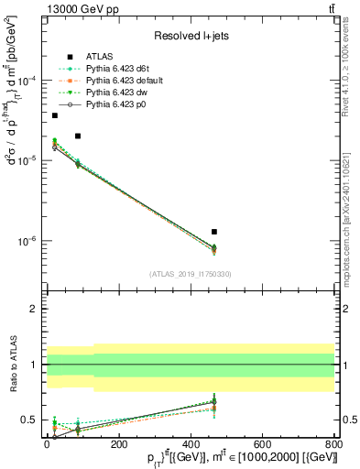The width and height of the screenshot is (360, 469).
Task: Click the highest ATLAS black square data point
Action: [x=55, y=115]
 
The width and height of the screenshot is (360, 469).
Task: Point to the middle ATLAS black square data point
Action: [x=78, y=136]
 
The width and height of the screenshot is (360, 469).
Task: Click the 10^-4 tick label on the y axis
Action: [x=29, y=81]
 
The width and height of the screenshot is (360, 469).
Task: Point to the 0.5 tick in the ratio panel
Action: [x=31, y=420]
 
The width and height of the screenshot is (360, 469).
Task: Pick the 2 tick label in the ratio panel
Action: [x=35, y=310]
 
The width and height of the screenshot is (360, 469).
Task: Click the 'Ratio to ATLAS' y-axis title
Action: [x=13, y=365]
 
